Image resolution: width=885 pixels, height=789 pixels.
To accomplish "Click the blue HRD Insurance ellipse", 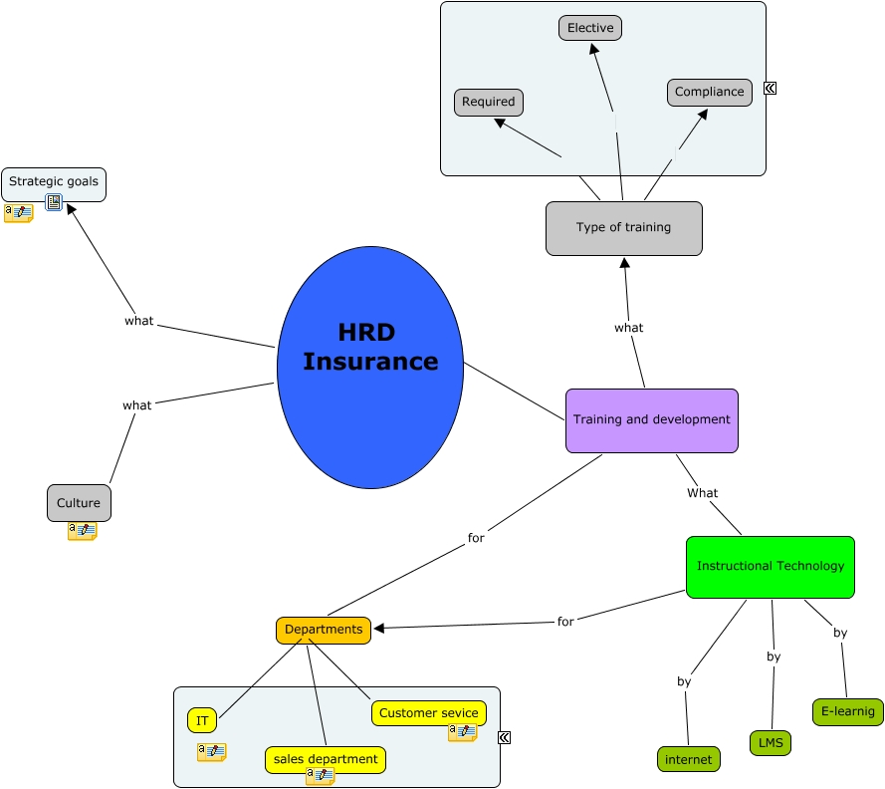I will coord(370,368).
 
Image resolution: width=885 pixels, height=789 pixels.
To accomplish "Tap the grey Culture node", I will coord(79,503).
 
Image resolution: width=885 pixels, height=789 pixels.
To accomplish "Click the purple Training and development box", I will coord(652,420).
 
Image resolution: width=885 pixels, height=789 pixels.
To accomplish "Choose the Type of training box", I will coord(624,228).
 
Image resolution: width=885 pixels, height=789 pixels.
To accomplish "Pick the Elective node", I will coord(590,28).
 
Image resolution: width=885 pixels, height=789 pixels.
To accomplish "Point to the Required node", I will coord(489,102).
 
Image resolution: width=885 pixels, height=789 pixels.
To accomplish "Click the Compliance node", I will coord(709,92).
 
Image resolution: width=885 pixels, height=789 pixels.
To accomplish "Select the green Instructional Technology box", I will coord(770,567).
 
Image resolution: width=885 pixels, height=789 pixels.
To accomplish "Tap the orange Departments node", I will coord(324,630).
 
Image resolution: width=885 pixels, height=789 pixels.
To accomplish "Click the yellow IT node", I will coord(202,720).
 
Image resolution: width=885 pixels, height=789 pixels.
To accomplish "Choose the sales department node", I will coord(326,759).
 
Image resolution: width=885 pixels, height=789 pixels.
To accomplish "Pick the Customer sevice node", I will coord(429,712).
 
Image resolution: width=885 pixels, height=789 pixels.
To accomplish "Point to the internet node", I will coord(688,759).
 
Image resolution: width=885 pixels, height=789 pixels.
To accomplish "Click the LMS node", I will coord(770,743).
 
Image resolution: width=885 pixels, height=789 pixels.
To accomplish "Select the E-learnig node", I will coord(847,711).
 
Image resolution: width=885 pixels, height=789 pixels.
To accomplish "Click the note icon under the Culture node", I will coord(82,531).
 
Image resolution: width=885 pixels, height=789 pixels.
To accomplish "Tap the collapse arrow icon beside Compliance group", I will coord(770,88).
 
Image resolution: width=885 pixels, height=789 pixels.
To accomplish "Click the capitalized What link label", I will coord(702,493).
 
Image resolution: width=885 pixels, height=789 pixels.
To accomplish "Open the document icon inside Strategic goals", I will coord(54,202).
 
